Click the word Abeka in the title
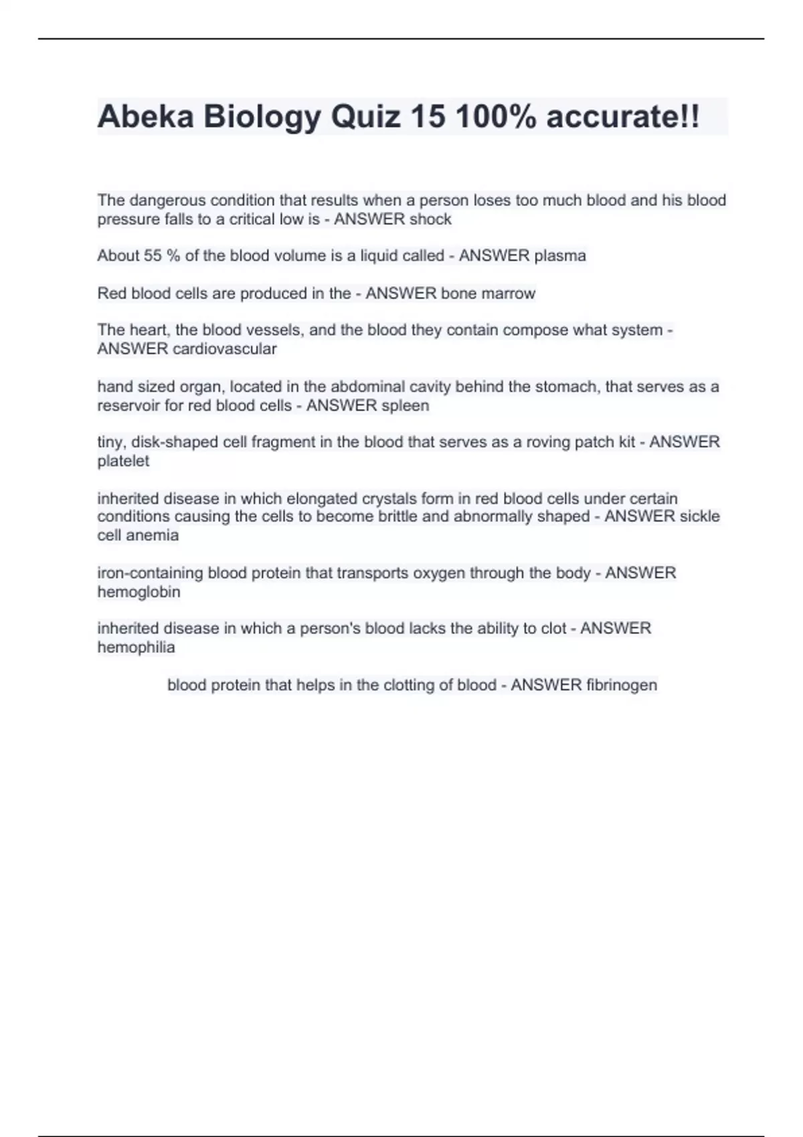tap(145, 117)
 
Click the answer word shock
tap(430, 219)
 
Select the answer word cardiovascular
tap(224, 349)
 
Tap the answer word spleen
tap(405, 406)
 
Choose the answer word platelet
tap(123, 461)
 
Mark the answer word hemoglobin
tap(139, 593)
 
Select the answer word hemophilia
tap(136, 647)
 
